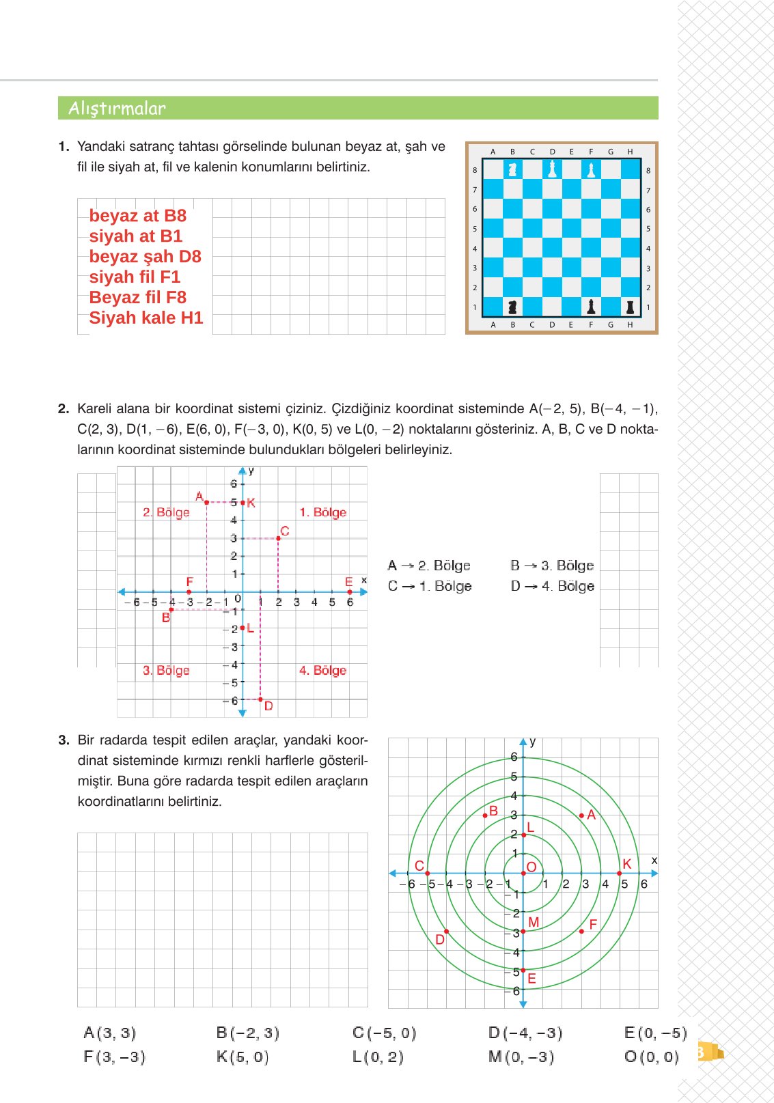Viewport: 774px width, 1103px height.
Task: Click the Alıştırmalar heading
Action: pos(117,109)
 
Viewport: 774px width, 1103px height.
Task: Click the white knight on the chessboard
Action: pos(512,169)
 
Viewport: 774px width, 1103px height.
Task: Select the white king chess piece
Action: pos(552,169)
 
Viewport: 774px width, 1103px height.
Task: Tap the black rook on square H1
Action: pos(630,307)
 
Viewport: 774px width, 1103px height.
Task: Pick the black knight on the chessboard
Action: pos(512,307)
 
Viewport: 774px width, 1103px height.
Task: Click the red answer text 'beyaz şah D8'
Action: pos(145,257)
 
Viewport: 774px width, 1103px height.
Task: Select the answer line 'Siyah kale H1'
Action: pos(146,318)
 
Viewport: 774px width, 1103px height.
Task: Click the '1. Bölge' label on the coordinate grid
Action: pos(322,512)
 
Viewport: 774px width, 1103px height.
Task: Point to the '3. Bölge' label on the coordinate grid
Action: pos(166,671)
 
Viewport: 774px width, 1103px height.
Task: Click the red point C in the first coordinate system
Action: pos(278,538)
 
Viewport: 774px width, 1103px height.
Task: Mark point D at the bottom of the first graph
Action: pos(260,699)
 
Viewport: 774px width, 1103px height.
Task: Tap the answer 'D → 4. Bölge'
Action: pos(552,586)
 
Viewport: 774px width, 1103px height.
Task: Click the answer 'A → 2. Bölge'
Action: pos(429,566)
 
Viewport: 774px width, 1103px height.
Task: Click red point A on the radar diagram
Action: pos(581,815)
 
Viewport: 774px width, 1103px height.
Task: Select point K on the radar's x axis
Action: pos(620,873)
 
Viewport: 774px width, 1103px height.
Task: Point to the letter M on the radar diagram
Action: pos(534,923)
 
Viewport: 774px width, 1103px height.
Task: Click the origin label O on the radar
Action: pos(531,867)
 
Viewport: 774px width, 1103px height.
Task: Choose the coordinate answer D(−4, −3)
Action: pos(525,1033)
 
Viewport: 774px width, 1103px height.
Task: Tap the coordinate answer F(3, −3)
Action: pos(114,1057)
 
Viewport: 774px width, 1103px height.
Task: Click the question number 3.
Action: pos(64,740)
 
